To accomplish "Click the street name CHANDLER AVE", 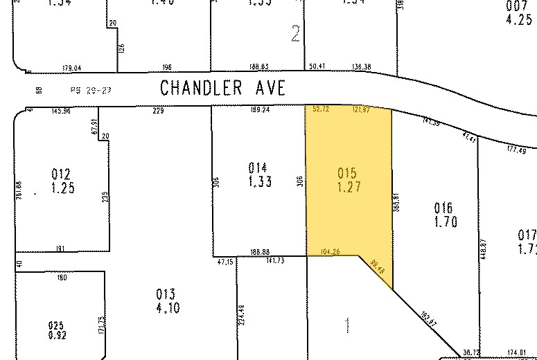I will (222, 88).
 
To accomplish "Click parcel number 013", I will (166, 294).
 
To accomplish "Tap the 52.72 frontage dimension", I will (321, 109).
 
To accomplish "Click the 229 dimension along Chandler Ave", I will (160, 109).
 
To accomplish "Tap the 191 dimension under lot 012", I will (60, 247).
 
